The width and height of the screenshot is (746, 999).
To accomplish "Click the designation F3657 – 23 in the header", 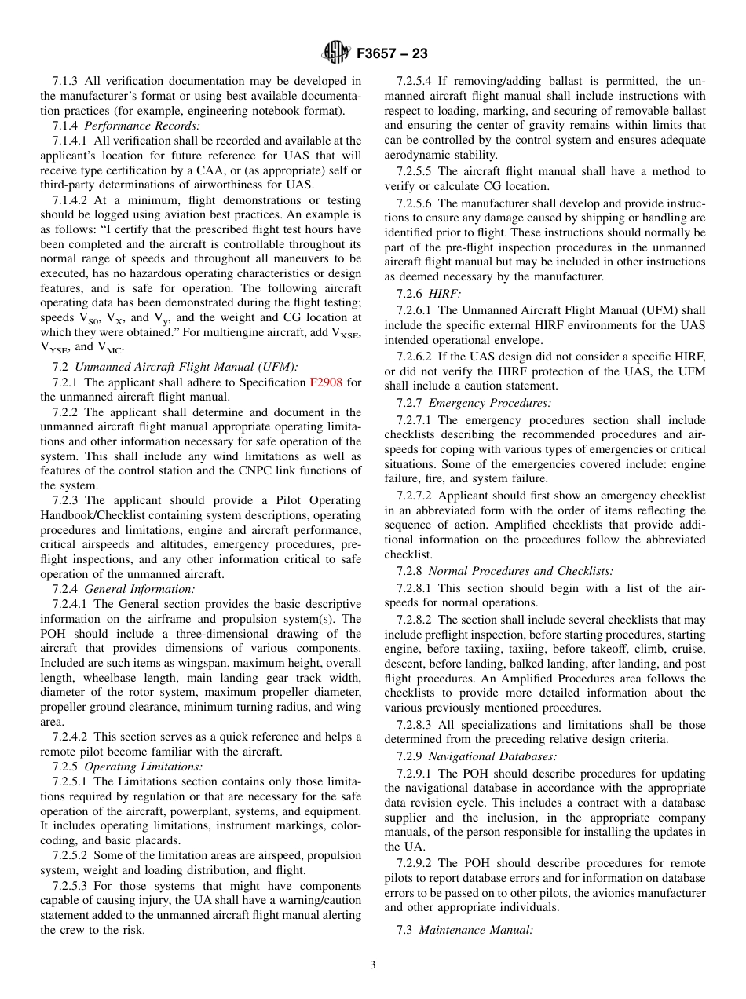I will (392, 54).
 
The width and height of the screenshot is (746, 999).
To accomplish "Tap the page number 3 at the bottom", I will (373, 965).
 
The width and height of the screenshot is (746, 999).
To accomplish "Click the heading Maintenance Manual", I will (476, 930).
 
